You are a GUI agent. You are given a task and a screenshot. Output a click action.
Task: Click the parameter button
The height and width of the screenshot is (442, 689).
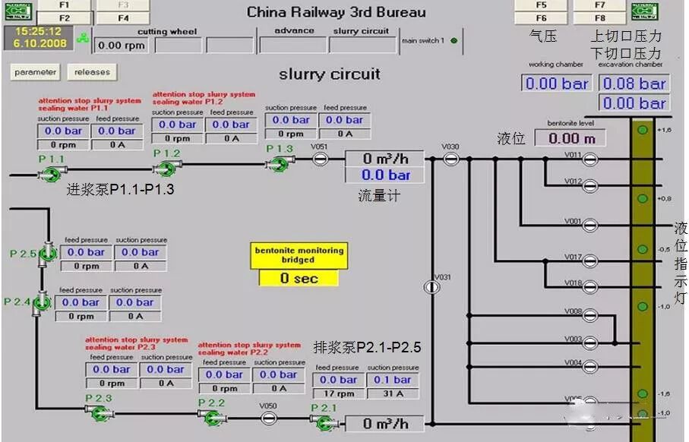pyautogui.click(x=36, y=72)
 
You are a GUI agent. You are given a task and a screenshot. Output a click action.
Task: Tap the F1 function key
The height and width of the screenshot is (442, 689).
pyautogui.click(x=65, y=5)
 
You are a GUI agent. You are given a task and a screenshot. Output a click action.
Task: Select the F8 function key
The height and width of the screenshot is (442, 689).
pyautogui.click(x=600, y=18)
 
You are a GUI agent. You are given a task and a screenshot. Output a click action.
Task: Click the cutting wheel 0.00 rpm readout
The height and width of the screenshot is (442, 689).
pyautogui.click(x=122, y=46)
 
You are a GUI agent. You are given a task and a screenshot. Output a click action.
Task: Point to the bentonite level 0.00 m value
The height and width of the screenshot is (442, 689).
pyautogui.click(x=570, y=138)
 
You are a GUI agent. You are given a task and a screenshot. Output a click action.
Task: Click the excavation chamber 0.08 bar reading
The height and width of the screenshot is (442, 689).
pyautogui.click(x=634, y=84)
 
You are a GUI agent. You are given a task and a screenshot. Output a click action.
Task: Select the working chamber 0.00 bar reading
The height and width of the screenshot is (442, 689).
pyautogui.click(x=557, y=84)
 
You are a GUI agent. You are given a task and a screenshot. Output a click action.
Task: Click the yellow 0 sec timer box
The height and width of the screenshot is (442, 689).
pyautogui.click(x=299, y=278)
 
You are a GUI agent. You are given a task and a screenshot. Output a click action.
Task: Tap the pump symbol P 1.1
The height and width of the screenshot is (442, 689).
pyautogui.click(x=50, y=173)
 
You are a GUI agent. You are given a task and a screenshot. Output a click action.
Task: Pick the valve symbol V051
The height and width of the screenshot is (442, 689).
pyautogui.click(x=320, y=159)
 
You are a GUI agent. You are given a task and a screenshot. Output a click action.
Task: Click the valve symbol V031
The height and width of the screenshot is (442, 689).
pyautogui.click(x=431, y=287)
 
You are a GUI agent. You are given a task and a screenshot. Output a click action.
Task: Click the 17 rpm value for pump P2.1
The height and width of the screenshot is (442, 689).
pyautogui.click(x=338, y=393)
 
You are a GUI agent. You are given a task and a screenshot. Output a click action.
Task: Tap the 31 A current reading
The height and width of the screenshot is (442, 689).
pyautogui.click(x=393, y=393)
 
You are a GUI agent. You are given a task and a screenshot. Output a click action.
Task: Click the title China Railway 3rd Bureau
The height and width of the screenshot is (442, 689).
pyautogui.click(x=336, y=12)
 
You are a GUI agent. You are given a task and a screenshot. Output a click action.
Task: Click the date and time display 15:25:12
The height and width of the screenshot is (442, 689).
pyautogui.click(x=38, y=38)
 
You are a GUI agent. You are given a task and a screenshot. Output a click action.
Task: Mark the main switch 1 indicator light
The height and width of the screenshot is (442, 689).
pyautogui.click(x=454, y=41)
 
